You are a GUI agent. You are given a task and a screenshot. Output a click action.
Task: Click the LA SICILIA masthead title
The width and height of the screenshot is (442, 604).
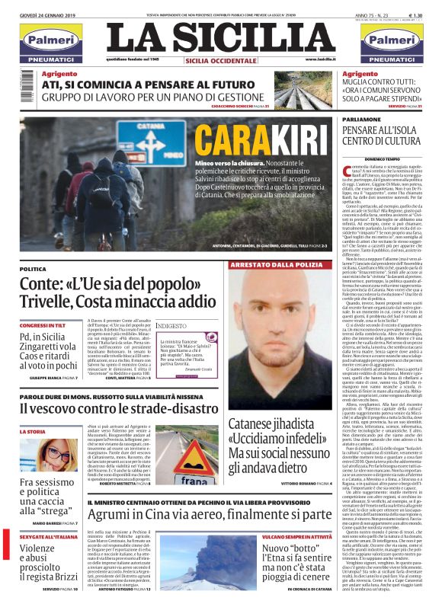221,36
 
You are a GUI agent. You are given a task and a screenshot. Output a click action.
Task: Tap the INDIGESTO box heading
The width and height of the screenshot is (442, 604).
171,326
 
